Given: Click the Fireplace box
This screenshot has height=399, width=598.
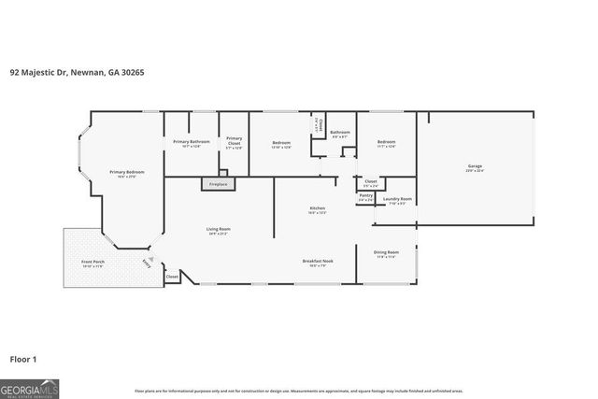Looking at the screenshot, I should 218,184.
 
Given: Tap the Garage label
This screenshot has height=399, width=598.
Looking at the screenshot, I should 475,168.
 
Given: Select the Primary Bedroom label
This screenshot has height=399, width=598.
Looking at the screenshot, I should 126,173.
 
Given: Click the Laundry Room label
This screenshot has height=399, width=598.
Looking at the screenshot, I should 397,199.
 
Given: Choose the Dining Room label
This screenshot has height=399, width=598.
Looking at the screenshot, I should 386,253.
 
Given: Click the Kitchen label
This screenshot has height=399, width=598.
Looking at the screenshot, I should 317,209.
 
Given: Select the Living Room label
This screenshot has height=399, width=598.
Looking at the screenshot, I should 219,231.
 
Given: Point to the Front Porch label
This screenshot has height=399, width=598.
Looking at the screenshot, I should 93,264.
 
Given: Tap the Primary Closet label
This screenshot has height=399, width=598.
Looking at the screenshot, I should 234,144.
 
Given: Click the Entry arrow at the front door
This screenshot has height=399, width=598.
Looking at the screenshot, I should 146,263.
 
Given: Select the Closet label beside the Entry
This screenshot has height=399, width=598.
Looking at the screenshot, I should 172,277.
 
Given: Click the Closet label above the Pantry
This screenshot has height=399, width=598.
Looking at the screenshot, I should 370,182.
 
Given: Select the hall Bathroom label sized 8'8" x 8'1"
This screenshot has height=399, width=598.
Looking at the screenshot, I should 340,134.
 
